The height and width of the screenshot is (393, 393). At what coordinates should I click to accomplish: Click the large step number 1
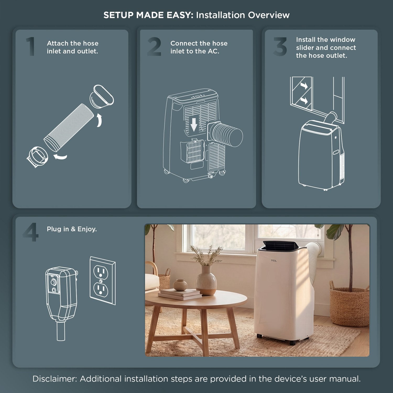point(31,46)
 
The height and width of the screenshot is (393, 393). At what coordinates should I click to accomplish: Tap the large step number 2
point(154,46)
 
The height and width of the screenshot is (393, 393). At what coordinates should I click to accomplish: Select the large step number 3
point(280,46)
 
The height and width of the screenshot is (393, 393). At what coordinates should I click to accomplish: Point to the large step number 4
point(31,232)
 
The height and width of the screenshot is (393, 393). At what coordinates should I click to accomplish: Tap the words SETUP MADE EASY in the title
point(148,15)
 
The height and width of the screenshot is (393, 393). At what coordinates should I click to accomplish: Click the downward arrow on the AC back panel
point(194,124)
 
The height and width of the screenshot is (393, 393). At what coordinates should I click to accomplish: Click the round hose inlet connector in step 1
point(37,157)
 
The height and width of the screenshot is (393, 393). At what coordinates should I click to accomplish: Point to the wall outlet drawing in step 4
point(102,281)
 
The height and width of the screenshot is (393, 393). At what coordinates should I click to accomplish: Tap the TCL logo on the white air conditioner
point(274,260)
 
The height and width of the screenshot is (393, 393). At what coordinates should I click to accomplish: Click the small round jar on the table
point(181,285)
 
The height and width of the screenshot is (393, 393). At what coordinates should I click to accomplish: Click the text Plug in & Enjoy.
point(72,229)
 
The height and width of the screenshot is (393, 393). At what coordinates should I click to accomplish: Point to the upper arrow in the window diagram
point(304,86)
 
